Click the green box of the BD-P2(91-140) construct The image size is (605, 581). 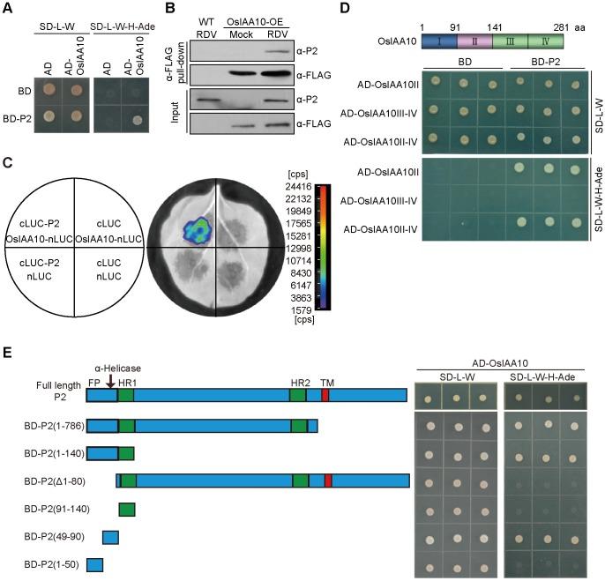coord(126,509)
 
